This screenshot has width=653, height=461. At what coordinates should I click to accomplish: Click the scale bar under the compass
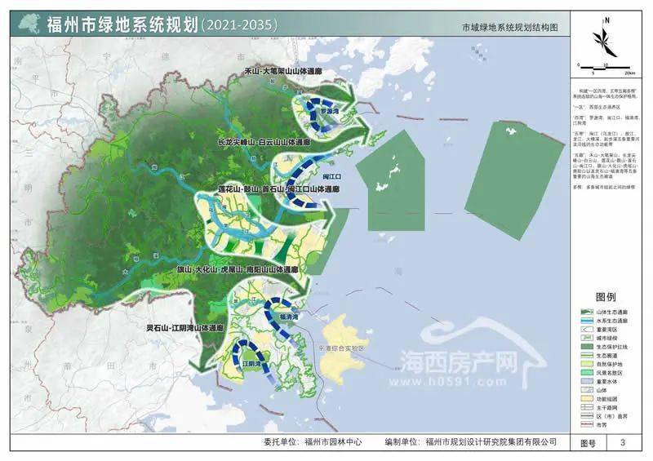point(604,68)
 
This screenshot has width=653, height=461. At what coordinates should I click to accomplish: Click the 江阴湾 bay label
point(251,362)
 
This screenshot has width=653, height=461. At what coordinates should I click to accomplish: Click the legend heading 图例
point(605,297)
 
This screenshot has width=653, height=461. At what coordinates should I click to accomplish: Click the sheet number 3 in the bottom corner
point(623,442)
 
